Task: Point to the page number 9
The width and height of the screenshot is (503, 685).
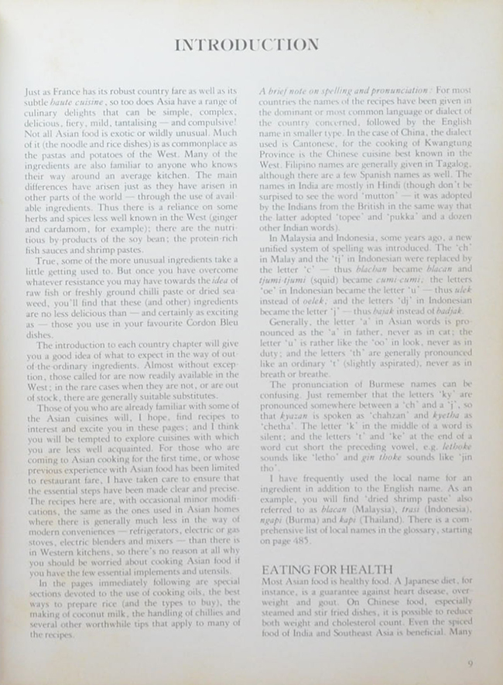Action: [x=471, y=663]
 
